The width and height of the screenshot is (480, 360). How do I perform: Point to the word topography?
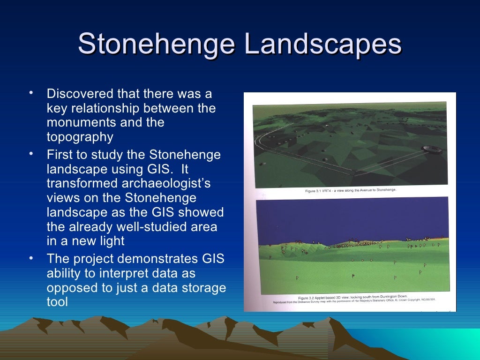(80, 137)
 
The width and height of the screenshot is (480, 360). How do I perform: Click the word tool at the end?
(57, 302)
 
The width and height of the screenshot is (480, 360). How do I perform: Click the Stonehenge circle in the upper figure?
(430, 149)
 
